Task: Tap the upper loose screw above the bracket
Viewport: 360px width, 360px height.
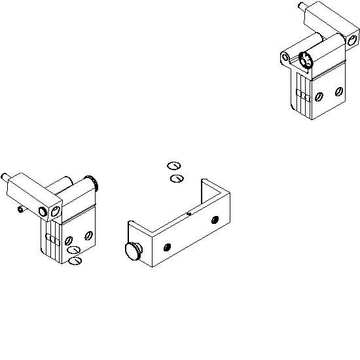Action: point(173,166)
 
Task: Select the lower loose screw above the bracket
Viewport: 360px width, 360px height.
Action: point(175,177)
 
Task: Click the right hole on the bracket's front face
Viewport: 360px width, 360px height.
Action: point(216,221)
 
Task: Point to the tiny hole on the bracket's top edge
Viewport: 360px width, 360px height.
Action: point(189,212)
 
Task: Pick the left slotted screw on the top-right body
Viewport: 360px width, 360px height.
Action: point(319,97)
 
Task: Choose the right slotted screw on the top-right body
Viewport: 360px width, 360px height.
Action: point(340,90)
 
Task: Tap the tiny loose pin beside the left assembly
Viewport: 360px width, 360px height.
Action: point(20,210)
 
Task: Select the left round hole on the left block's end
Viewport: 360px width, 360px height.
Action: point(44,211)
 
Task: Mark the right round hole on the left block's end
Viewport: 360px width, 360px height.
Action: point(56,210)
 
